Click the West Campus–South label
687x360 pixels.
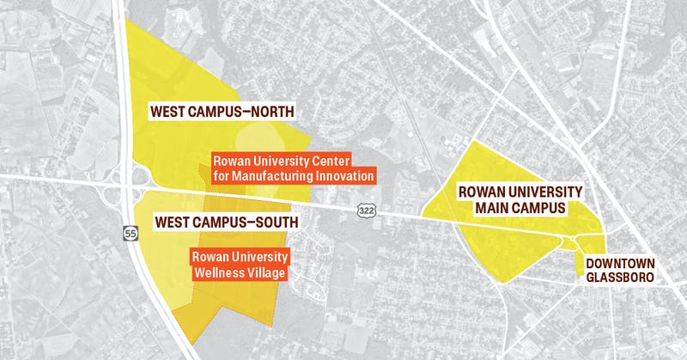coord(226,223)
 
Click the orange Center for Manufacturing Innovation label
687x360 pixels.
coord(294,168)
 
